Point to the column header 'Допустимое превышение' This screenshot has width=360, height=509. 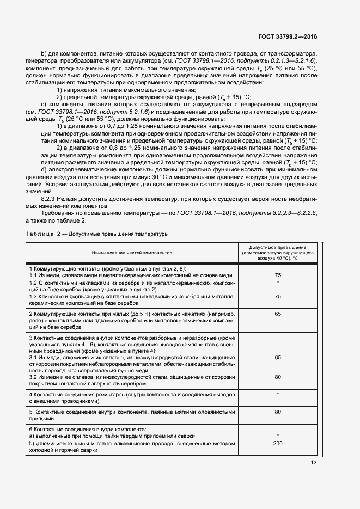278,248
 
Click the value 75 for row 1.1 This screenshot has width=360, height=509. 278,276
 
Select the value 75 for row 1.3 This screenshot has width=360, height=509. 278,296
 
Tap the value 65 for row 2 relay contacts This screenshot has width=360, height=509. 278,315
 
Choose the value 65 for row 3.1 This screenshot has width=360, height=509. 278,358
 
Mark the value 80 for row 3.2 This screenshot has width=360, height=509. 278,377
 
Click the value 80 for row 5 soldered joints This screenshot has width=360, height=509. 278,412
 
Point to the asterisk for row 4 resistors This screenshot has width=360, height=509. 278,394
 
